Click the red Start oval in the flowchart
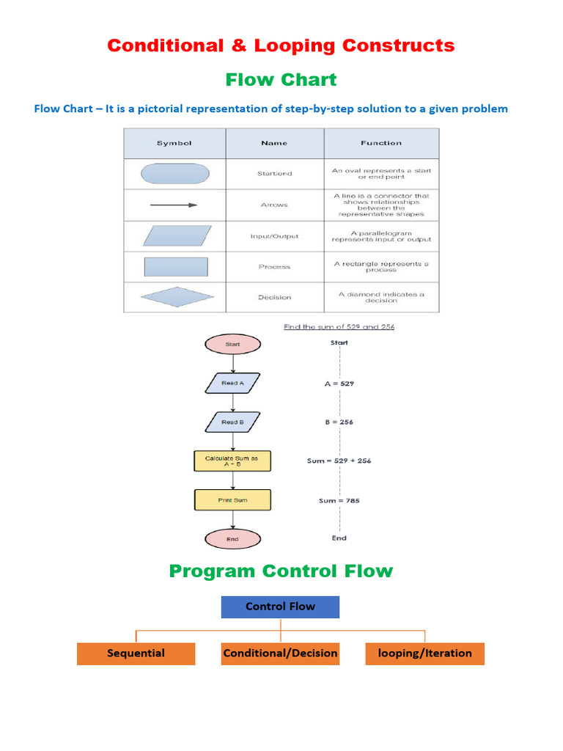pyautogui.click(x=232, y=343)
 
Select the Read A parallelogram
pyautogui.click(x=232, y=383)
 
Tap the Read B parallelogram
pyautogui.click(x=232, y=422)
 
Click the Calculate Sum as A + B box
pyautogui.click(x=232, y=461)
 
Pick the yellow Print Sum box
pyautogui.click(x=232, y=500)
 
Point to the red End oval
pyautogui.click(x=232, y=539)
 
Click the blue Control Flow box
pyautogui.click(x=280, y=607)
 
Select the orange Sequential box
pyautogui.click(x=136, y=653)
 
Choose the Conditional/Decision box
pyautogui.click(x=280, y=653)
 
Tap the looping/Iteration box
pyautogui.click(x=424, y=653)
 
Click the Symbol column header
pyautogui.click(x=174, y=143)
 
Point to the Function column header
pyautogui.click(x=381, y=143)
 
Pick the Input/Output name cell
pyautogui.click(x=274, y=236)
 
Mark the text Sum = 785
pyautogui.click(x=339, y=501)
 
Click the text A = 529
pyautogui.click(x=339, y=383)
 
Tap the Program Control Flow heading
pyautogui.click(x=281, y=571)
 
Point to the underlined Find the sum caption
pyautogui.click(x=339, y=326)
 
